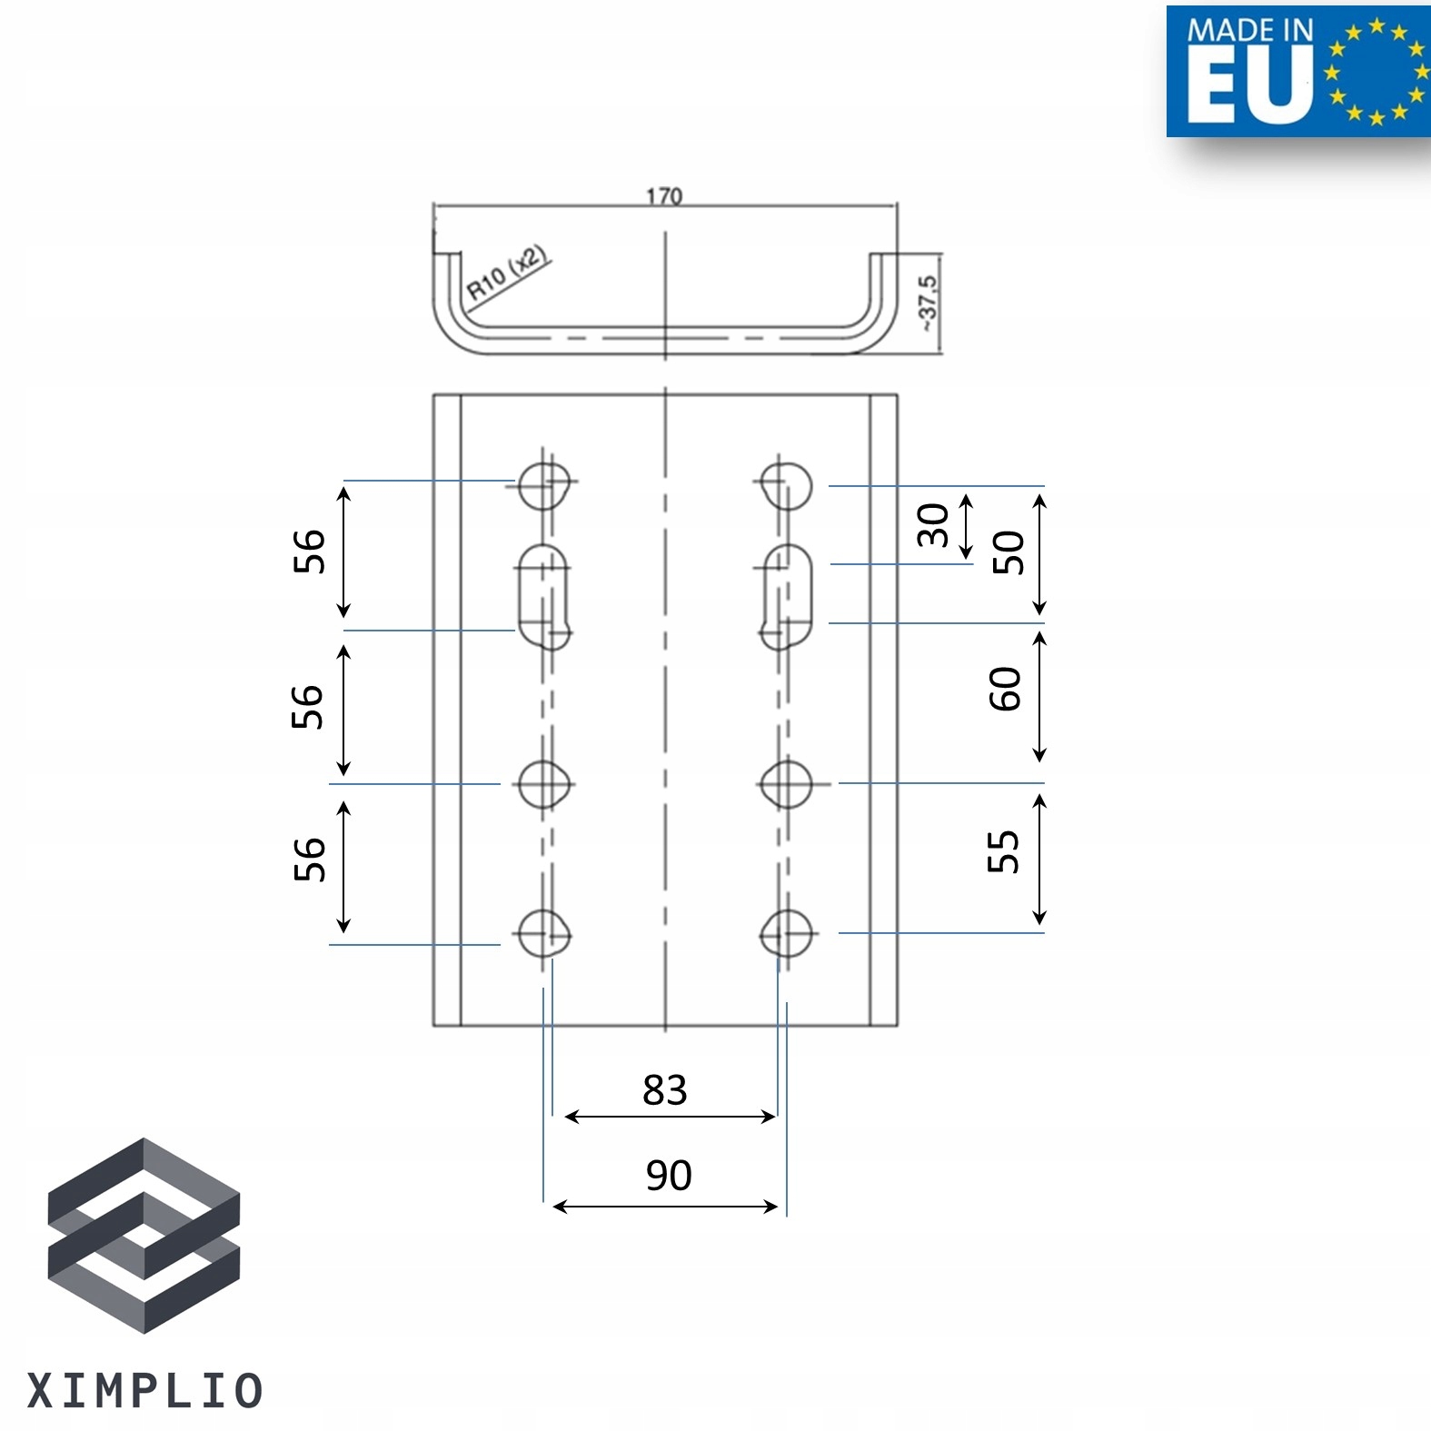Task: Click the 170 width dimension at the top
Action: point(664,195)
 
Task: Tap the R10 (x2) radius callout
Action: point(507,272)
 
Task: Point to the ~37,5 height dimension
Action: point(928,303)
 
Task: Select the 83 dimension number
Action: point(664,1089)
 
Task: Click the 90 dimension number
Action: point(669,1175)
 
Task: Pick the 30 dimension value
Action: point(933,525)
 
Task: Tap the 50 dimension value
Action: point(1009,552)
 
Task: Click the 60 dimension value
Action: point(1005,689)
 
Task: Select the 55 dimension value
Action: point(1003,851)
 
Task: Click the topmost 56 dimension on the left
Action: point(309,551)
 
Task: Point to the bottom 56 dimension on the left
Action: point(309,860)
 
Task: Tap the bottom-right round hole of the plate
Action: point(786,933)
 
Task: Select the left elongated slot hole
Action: point(543,595)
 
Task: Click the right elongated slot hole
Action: point(787,595)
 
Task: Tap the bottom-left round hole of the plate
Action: point(543,933)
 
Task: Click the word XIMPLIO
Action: point(145,1391)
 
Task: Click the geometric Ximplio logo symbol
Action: point(144,1235)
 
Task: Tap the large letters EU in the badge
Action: point(1249,85)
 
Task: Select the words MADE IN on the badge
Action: point(1249,30)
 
